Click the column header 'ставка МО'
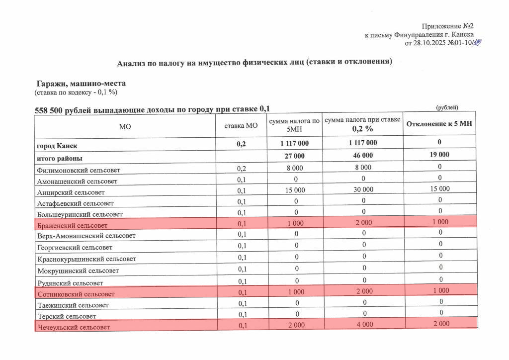click(x=241, y=126)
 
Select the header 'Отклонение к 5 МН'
click(x=439, y=124)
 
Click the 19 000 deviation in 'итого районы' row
click(x=439, y=155)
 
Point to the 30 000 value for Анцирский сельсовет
click(x=362, y=189)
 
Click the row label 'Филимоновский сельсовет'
click(x=79, y=170)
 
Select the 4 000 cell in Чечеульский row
click(x=362, y=324)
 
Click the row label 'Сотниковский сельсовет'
click(x=76, y=294)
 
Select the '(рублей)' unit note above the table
click(x=447, y=108)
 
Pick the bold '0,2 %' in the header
click(x=362, y=129)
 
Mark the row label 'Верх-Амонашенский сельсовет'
click(x=86, y=236)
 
